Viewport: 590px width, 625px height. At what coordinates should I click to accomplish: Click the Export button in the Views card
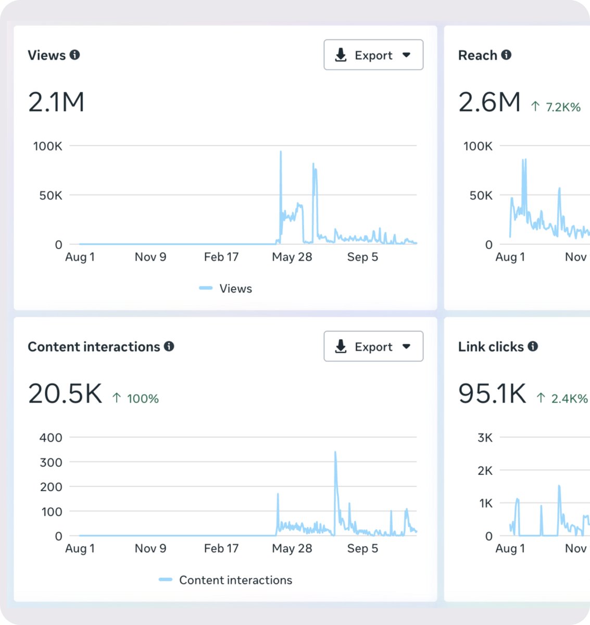coord(373,55)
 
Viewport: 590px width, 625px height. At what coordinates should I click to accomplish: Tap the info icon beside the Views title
coord(74,55)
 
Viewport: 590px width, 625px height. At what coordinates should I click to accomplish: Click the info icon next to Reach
coord(506,55)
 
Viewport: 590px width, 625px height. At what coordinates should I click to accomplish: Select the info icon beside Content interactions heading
coord(169,346)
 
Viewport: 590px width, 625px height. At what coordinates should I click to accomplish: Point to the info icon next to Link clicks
coord(533,346)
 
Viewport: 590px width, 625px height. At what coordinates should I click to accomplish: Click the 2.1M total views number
coord(56,102)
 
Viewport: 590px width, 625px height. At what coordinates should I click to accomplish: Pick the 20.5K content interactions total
coord(65,393)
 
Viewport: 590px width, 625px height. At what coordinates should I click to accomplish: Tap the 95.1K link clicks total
coord(492,393)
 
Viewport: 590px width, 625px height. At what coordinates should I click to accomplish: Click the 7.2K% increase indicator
coord(556,107)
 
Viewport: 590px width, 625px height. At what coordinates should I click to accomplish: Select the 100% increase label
coord(135,398)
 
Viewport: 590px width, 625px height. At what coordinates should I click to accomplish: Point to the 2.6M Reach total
coord(489,102)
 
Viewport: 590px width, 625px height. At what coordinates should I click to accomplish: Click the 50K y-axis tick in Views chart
coord(51,195)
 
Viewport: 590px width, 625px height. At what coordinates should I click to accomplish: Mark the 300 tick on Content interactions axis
coord(51,463)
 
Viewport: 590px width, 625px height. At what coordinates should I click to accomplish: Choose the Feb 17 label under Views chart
coord(221,257)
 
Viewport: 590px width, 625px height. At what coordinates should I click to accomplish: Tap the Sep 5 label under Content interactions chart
coord(362,548)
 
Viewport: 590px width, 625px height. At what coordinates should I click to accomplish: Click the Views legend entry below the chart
coord(225,288)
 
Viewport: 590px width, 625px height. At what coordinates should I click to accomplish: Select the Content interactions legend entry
coord(225,580)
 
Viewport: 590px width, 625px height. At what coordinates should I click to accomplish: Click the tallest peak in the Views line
coord(281,152)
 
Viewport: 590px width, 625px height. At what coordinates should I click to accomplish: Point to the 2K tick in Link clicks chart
coord(485,470)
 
